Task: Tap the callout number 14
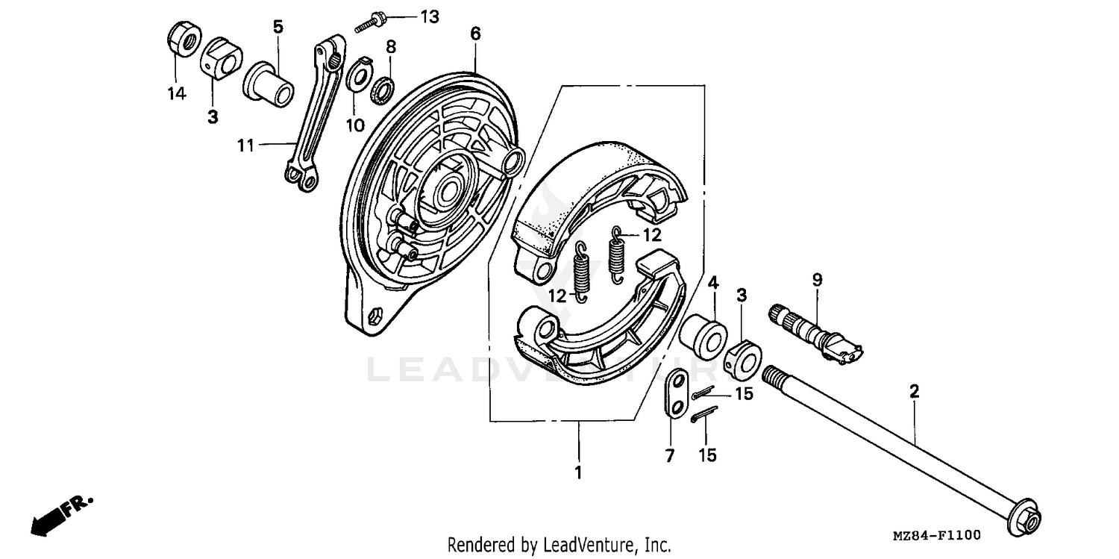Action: pyautogui.click(x=176, y=93)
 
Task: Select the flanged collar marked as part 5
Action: pyautogui.click(x=269, y=83)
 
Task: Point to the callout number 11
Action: pyautogui.click(x=245, y=146)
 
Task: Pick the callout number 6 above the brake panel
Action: pyautogui.click(x=475, y=34)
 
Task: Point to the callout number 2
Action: pyautogui.click(x=914, y=390)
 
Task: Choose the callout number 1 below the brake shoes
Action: pyautogui.click(x=578, y=472)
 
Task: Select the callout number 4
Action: pyautogui.click(x=713, y=283)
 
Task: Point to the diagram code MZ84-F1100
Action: pyautogui.click(x=936, y=535)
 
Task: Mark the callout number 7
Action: pyautogui.click(x=670, y=455)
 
